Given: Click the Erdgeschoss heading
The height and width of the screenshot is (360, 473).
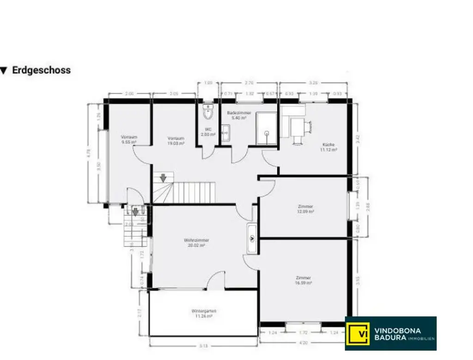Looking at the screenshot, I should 41,70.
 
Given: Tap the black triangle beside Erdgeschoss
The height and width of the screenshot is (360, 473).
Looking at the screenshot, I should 4,71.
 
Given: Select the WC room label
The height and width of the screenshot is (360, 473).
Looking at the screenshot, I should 208,132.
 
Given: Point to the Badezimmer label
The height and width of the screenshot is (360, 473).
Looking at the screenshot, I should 239,115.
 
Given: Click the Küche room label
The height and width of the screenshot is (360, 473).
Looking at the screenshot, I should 329,147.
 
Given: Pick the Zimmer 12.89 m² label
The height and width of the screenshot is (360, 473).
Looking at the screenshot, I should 306,208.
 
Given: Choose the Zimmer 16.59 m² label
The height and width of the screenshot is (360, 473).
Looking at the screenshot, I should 303,280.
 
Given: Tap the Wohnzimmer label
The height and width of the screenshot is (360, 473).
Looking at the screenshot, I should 197,243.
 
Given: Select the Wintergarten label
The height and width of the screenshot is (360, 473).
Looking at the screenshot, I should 204,313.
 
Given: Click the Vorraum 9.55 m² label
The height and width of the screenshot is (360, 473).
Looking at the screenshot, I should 129,140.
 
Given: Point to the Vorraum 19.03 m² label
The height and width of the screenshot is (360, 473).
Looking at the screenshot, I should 176,141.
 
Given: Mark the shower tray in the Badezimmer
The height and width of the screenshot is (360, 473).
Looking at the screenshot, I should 266,128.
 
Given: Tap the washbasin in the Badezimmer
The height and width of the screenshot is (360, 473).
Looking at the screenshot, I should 225,133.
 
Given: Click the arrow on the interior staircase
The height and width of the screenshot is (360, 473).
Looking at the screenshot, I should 163,177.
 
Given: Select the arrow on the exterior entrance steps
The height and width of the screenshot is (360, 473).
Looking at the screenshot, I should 135,212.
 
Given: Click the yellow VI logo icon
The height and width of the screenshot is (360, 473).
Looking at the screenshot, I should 358,333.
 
